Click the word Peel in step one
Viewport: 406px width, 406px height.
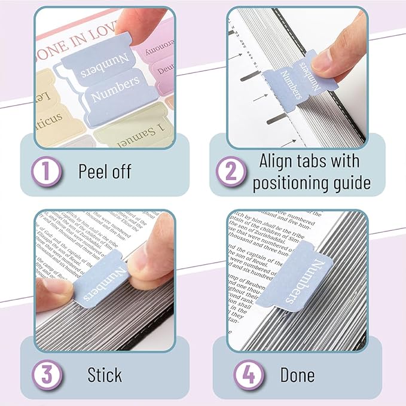(x=92, y=172)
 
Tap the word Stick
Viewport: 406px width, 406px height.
(x=105, y=375)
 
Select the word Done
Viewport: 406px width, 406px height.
(x=297, y=375)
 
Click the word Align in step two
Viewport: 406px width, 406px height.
(x=279, y=161)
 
